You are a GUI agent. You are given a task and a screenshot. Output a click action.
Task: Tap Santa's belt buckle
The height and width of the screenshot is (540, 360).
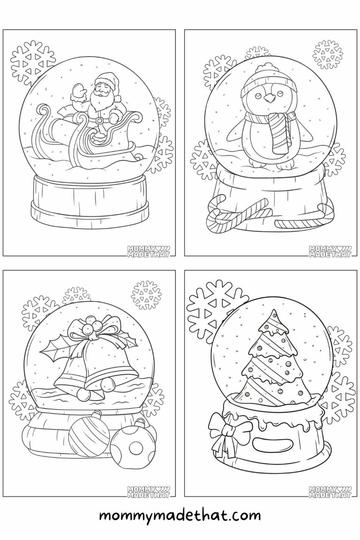coord(99,120)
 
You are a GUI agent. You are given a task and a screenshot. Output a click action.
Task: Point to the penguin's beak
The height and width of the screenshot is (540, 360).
coord(269,98)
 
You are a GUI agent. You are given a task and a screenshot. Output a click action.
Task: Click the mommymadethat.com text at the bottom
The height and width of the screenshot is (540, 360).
coord(180,516)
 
